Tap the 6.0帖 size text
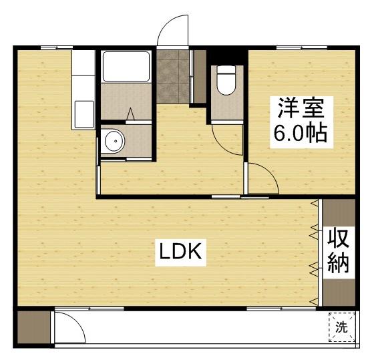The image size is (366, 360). point(299,134)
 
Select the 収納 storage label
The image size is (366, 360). point(339,252)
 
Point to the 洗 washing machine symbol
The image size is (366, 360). point(341,327)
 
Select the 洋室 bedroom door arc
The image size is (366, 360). point(262,178)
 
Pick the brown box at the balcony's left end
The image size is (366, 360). point(33,328)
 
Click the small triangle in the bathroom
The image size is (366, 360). point(132,114)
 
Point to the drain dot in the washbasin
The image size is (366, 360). point(114,141)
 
